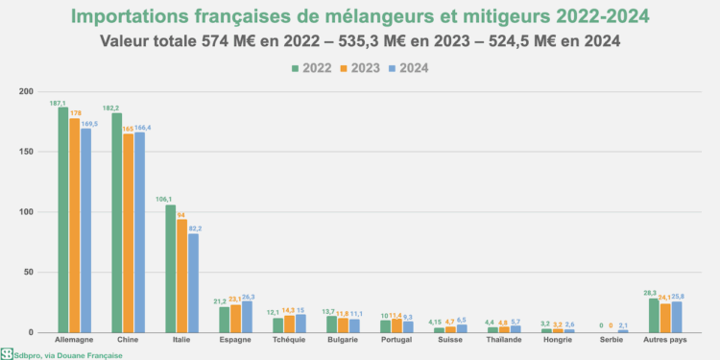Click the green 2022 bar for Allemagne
point(62,220)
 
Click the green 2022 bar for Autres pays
point(654,316)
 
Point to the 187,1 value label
point(60,102)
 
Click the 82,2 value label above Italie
point(195,228)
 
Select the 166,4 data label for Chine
point(142,127)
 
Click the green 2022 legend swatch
point(295,67)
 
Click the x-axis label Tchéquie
point(289,341)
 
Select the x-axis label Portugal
point(396,341)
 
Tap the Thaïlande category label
point(504,341)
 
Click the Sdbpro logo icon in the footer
point(7,353)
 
